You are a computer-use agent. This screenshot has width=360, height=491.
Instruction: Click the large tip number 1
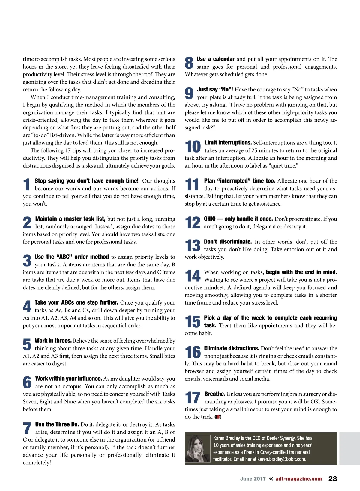[27, 184]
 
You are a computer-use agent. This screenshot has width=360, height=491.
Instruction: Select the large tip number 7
[27, 428]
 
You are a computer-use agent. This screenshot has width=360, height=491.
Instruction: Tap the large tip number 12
[193, 222]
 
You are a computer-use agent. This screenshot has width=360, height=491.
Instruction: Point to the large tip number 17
[193, 398]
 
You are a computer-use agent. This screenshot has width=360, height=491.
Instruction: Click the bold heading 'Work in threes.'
[53, 341]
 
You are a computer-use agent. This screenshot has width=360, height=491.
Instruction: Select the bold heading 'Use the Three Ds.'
[57, 424]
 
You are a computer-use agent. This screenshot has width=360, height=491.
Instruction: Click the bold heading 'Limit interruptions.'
[228, 143]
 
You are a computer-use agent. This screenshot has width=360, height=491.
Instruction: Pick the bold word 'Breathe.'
[214, 394]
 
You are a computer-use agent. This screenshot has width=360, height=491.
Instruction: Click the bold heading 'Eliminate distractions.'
[232, 348]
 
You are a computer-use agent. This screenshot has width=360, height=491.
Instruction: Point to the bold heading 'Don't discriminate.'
[228, 242]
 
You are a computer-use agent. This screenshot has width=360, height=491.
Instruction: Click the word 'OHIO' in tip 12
[210, 219]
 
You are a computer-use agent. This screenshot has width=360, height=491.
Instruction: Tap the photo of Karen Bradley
[198, 448]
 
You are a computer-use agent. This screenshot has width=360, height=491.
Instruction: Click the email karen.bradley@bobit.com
[282, 459]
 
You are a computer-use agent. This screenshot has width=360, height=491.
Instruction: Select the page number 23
[332, 479]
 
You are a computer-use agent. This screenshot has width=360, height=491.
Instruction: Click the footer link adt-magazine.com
[298, 479]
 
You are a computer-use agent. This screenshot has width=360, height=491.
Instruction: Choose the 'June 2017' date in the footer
[253, 479]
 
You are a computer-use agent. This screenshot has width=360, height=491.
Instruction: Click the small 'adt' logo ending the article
[218, 417]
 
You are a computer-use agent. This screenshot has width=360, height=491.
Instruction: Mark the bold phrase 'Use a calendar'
[215, 59]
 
